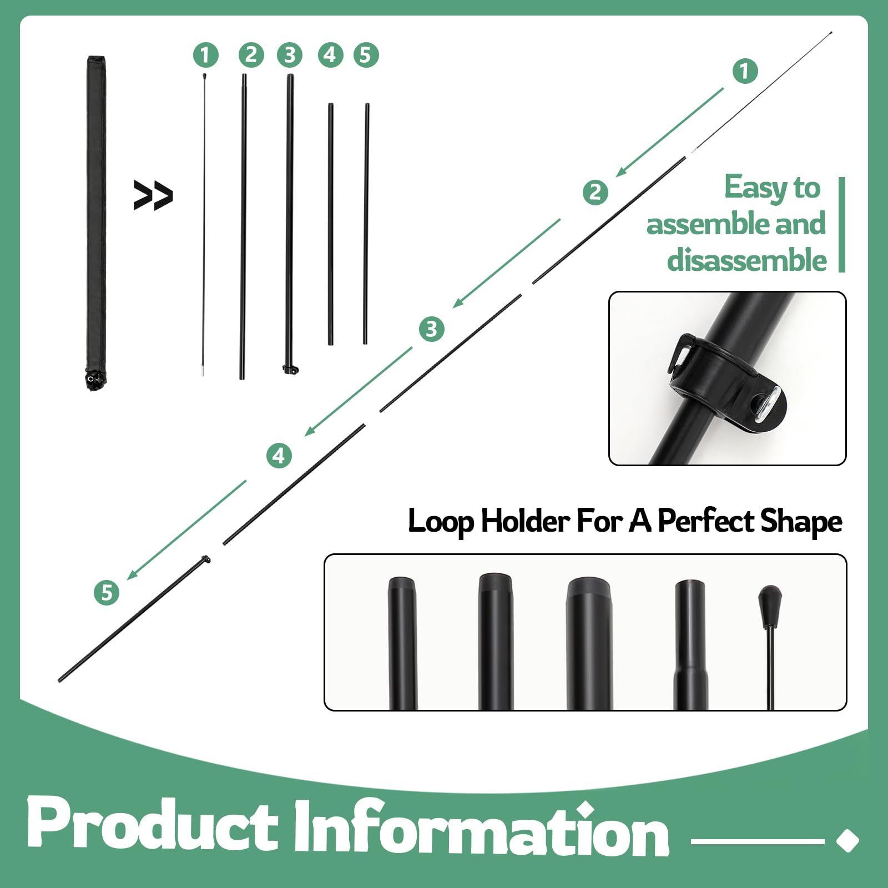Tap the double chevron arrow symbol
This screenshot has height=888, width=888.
click(153, 195)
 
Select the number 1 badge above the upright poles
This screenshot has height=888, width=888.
click(205, 55)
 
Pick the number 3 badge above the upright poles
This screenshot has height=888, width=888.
click(290, 55)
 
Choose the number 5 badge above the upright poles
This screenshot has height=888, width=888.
click(365, 55)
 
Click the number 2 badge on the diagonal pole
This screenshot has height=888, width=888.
click(596, 192)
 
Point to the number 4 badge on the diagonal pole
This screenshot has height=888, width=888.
click(279, 456)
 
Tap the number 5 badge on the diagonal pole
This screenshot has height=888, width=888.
click(107, 592)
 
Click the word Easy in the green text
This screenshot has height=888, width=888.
click(756, 188)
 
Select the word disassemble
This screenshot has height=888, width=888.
click(747, 260)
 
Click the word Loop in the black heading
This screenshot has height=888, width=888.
click(441, 522)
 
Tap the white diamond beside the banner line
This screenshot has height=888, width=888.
click(847, 840)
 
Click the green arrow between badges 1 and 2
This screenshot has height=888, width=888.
click(670, 132)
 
